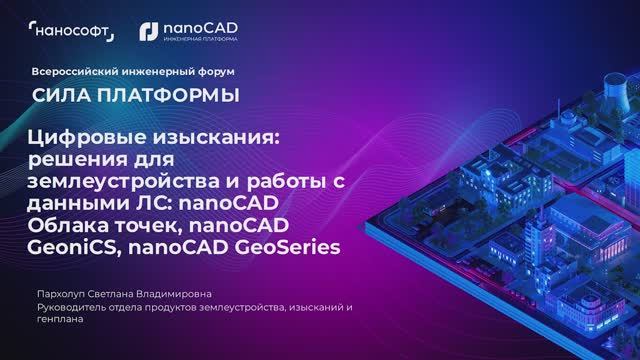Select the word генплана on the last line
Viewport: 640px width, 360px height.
coord(56,321)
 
